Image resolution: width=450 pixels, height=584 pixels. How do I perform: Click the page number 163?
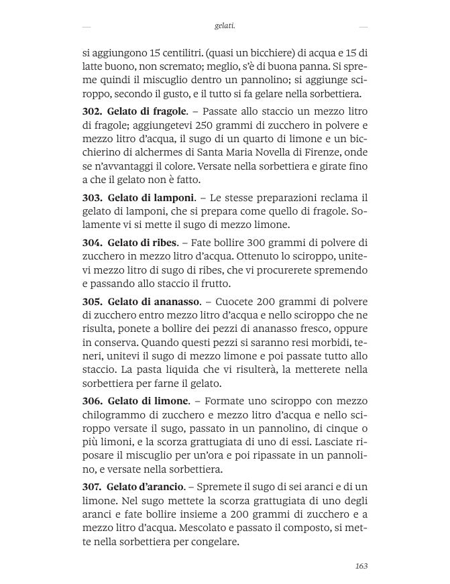361,566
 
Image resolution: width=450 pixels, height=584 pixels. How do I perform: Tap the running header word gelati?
225,26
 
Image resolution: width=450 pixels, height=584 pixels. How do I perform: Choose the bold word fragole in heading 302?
168,111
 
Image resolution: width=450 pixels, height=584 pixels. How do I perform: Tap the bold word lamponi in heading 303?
172,197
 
